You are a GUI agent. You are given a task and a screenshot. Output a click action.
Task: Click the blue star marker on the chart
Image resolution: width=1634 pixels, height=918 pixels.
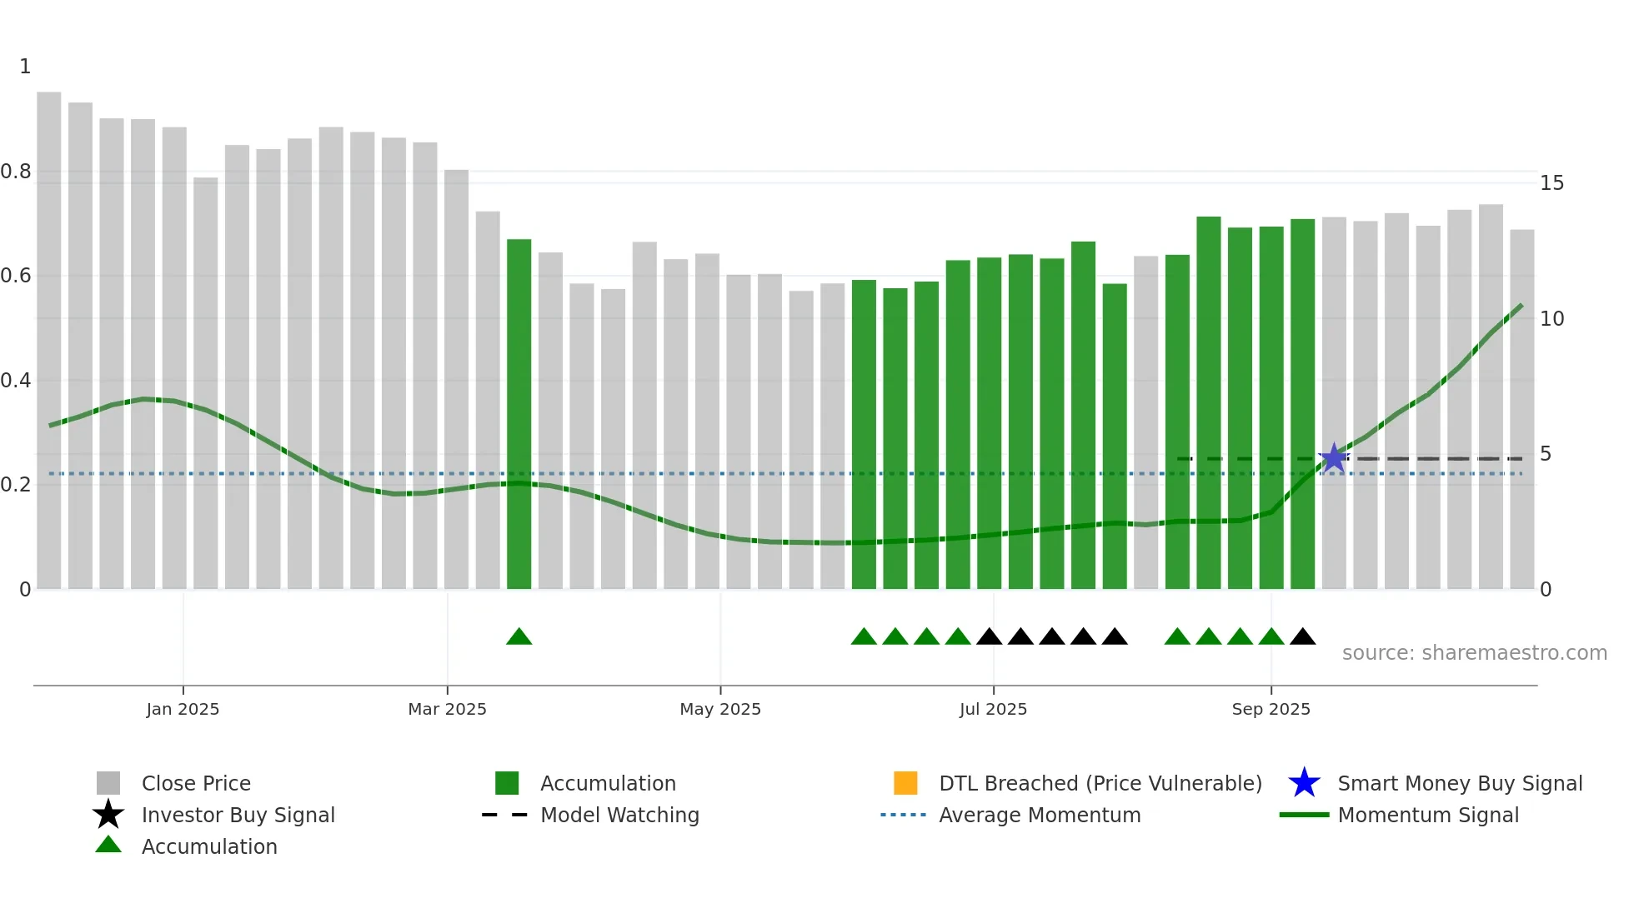coord(1334,457)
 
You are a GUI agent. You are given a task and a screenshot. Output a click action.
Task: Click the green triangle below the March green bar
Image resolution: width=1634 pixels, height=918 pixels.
coord(519,637)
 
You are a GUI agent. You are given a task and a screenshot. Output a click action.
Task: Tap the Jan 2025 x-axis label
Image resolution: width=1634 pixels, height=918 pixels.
coord(183,709)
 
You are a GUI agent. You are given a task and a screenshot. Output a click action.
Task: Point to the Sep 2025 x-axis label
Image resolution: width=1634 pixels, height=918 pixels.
coord(1271,709)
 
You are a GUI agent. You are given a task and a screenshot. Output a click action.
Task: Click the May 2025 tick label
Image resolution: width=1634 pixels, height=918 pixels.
coord(720,709)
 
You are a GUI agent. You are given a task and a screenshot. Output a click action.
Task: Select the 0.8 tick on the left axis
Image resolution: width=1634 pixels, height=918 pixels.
coord(16,172)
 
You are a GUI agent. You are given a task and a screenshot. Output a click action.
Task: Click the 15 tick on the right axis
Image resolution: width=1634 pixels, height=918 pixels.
coord(1551,183)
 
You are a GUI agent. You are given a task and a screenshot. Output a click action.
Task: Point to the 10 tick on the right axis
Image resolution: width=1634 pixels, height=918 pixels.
coord(1551,319)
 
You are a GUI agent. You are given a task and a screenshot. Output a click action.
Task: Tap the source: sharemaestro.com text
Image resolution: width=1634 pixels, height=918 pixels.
coord(1474,653)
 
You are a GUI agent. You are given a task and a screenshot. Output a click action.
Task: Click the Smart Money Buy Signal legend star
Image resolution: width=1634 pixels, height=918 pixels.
coord(1304,783)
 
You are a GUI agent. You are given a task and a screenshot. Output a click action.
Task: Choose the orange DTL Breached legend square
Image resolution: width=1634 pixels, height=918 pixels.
coord(905,783)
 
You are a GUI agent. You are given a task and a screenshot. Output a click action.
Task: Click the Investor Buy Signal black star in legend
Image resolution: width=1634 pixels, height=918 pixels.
coord(108,815)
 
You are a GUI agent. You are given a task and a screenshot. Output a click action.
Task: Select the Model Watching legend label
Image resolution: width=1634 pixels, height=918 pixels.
coord(619,815)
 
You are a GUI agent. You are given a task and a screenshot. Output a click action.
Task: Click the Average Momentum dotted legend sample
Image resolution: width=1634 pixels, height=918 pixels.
coord(903,815)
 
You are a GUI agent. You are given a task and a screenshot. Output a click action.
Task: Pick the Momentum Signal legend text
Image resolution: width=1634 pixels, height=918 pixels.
coord(1428,815)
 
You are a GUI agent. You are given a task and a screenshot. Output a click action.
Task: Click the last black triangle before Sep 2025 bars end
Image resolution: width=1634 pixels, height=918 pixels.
coord(1302,637)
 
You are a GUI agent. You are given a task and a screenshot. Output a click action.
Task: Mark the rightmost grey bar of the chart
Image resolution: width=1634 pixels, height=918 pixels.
coord(1521,409)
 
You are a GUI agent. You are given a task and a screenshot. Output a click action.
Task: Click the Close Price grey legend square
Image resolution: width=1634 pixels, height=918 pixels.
coord(108,783)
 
